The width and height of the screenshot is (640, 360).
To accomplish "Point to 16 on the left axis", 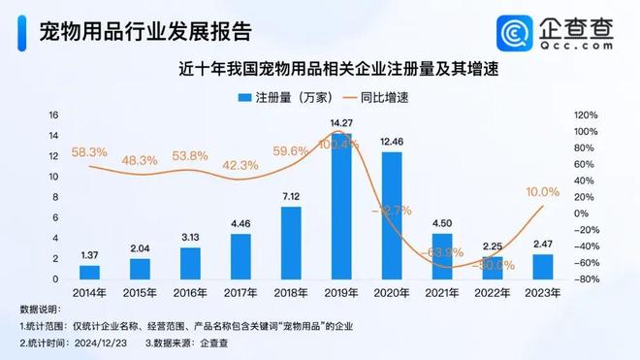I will click(54, 115).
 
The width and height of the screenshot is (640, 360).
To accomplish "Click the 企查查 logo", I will click(557, 32).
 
